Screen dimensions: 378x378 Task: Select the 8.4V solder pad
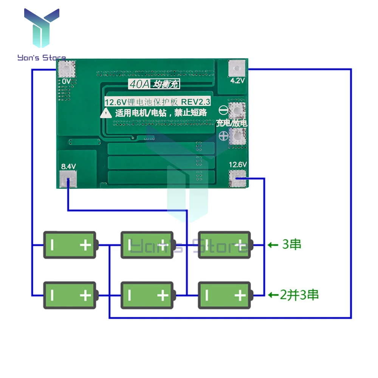tap(68, 178)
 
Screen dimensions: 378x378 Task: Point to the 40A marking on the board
tap(138, 85)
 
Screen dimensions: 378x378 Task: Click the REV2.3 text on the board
tap(195, 102)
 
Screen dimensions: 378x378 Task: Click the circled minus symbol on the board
tap(223, 110)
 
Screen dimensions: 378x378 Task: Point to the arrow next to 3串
tap(273, 245)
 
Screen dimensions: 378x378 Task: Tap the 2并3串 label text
tap(299, 294)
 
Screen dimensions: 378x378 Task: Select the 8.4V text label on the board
tap(68, 166)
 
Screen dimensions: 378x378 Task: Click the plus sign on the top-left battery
tap(85, 245)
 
